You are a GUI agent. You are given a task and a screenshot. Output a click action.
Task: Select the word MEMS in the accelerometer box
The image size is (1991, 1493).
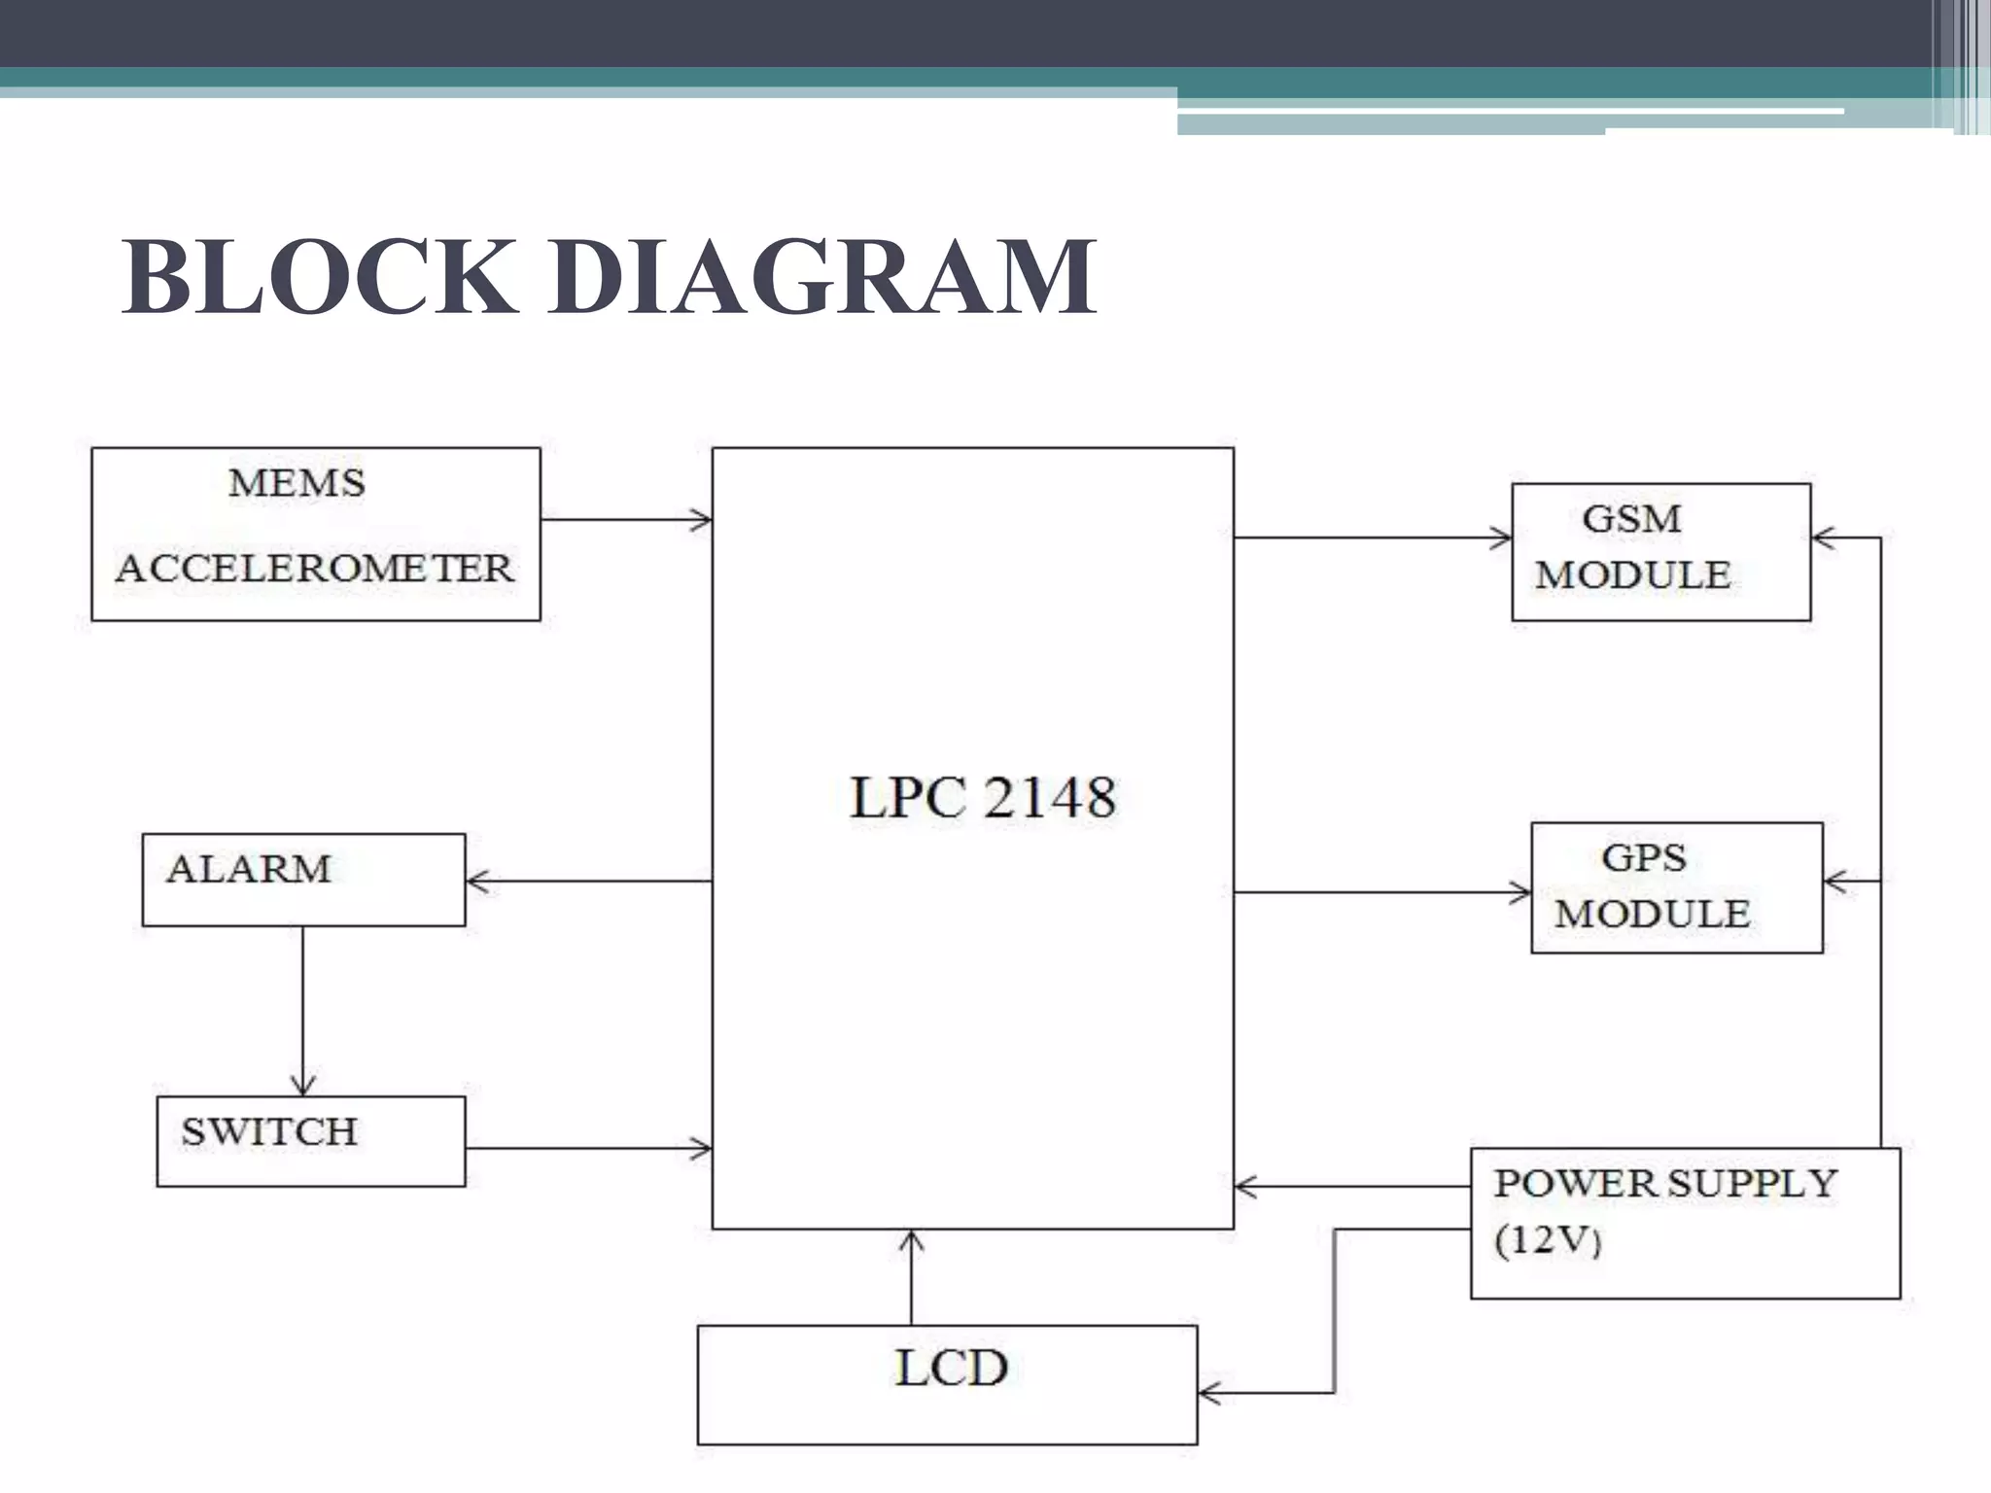click(x=297, y=483)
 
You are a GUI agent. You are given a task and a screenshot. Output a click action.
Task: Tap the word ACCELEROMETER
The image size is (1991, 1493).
click(x=314, y=569)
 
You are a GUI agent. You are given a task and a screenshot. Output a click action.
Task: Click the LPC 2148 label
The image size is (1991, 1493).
click(x=982, y=798)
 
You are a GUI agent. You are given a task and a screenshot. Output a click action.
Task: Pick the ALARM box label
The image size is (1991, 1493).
click(x=249, y=869)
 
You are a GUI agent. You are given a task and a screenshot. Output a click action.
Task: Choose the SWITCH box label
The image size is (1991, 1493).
click(x=269, y=1132)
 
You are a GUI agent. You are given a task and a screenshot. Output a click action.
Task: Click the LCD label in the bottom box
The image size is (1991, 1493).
click(x=951, y=1369)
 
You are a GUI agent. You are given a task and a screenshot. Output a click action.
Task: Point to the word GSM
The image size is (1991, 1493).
click(x=1631, y=518)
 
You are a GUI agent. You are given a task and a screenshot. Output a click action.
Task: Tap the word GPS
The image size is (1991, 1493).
click(x=1643, y=857)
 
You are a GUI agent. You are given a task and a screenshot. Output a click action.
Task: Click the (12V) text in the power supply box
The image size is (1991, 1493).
click(x=1547, y=1240)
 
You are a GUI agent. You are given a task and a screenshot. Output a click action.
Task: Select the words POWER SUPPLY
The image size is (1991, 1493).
click(x=1664, y=1184)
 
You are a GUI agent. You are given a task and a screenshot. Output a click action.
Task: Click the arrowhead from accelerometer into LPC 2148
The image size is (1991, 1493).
click(x=702, y=520)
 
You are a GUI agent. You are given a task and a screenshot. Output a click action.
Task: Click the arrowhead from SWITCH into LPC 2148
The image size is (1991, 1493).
click(x=702, y=1149)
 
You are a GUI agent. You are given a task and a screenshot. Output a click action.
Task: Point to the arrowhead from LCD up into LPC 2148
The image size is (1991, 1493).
click(x=911, y=1240)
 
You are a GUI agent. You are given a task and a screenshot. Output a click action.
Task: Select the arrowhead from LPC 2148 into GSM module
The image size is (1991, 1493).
click(x=1501, y=538)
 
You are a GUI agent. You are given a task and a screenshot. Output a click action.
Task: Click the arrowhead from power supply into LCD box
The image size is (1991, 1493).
click(x=1208, y=1394)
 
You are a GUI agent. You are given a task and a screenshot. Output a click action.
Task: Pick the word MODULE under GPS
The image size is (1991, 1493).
click(x=1652, y=915)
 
